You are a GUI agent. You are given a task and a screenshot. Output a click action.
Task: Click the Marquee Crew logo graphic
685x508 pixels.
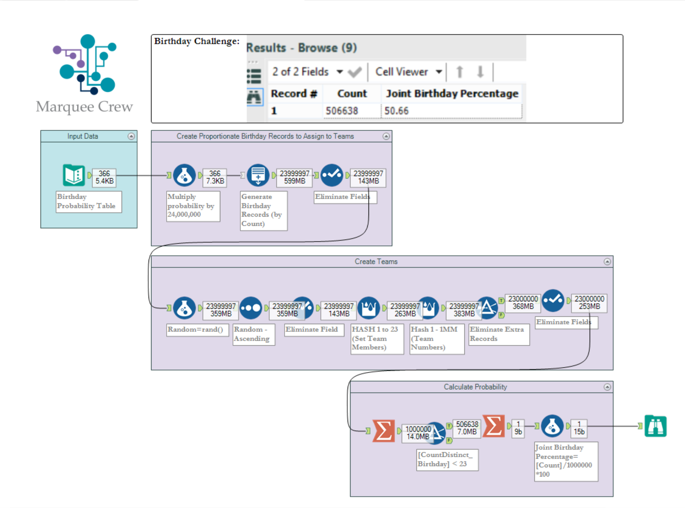86,64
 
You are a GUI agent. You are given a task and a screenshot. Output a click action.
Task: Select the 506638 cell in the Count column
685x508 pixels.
342,111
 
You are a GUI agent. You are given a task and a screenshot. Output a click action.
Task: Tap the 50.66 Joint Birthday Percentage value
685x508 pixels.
396,111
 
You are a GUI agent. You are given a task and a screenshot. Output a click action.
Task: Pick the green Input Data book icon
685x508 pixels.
74,175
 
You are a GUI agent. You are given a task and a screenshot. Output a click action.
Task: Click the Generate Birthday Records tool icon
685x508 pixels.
258,175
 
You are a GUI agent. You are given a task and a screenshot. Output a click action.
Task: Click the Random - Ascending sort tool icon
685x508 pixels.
251,308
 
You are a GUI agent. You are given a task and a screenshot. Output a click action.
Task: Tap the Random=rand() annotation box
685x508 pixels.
197,329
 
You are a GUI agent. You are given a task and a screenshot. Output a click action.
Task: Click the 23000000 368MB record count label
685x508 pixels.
523,303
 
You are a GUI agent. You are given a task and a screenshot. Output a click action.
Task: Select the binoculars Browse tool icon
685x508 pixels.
655,426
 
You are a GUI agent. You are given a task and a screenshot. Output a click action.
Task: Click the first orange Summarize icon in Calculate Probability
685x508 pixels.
384,431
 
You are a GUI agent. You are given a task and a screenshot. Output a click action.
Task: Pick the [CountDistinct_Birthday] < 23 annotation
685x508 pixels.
447,460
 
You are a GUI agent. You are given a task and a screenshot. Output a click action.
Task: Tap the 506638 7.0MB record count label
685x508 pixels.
467,428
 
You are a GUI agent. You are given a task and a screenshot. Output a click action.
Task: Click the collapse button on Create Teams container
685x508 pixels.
607,261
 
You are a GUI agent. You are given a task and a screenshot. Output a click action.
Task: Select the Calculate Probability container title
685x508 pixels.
475,387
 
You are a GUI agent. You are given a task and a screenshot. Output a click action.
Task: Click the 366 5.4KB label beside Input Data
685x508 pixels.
104,177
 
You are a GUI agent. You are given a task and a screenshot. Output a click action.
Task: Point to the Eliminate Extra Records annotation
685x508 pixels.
498,334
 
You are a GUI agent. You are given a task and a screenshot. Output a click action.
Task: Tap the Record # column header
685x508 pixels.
294,94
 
